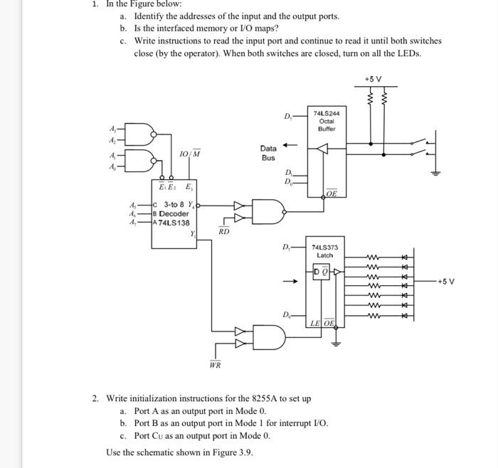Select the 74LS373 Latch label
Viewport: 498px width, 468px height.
[x=324, y=251]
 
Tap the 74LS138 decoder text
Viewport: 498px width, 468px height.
[x=174, y=223]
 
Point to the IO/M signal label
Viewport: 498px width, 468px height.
[x=189, y=154]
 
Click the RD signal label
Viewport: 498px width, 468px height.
[x=223, y=231]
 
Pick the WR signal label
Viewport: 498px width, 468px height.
[x=215, y=366]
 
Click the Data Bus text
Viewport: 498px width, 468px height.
[x=268, y=153]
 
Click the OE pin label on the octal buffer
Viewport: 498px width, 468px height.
[x=332, y=193]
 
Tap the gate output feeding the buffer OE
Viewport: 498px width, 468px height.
[x=287, y=211]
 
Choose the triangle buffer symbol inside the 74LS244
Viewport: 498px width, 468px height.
[x=323, y=149]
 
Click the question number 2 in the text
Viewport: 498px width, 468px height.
[x=95, y=398]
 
